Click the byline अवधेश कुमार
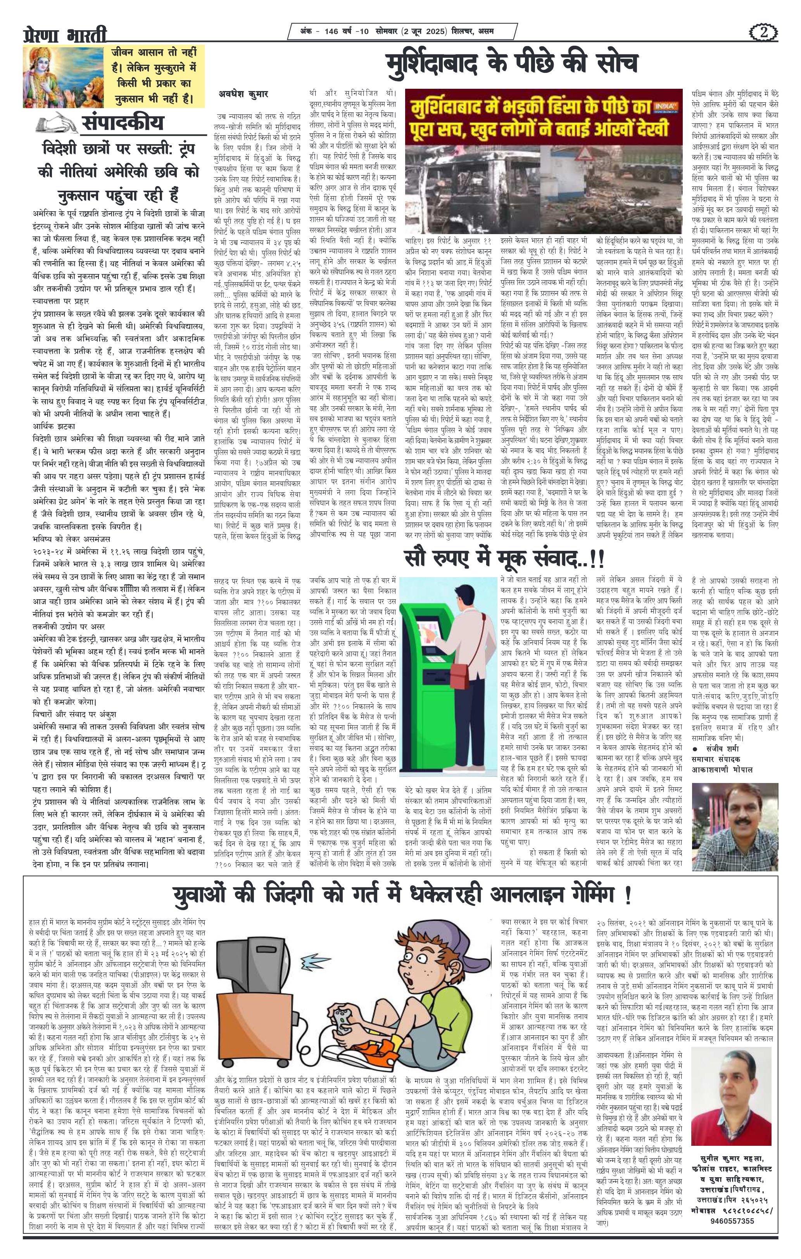click(x=243, y=95)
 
